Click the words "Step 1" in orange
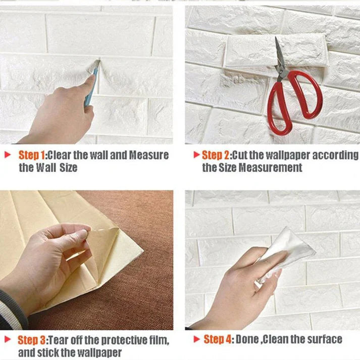click(x=32, y=155)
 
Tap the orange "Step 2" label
click(x=216, y=155)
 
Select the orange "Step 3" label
click(x=32, y=340)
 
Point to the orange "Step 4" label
click(x=218, y=339)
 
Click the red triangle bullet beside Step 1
click(x=8, y=155)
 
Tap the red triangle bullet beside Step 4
click(x=196, y=339)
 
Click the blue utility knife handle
click(x=91, y=88)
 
